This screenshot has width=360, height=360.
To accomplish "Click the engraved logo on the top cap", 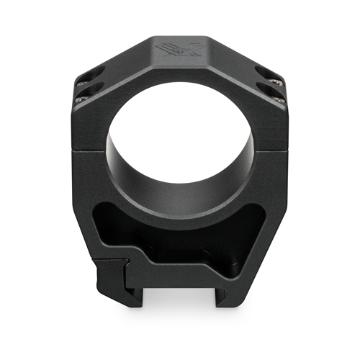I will pyautogui.click(x=180, y=51).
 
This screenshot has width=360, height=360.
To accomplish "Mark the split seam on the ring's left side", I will pyautogui.click(x=90, y=150).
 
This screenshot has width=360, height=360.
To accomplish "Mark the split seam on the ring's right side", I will pyautogui.click(x=269, y=150).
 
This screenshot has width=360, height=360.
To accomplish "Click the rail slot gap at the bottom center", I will pyautogui.click(x=180, y=302).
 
